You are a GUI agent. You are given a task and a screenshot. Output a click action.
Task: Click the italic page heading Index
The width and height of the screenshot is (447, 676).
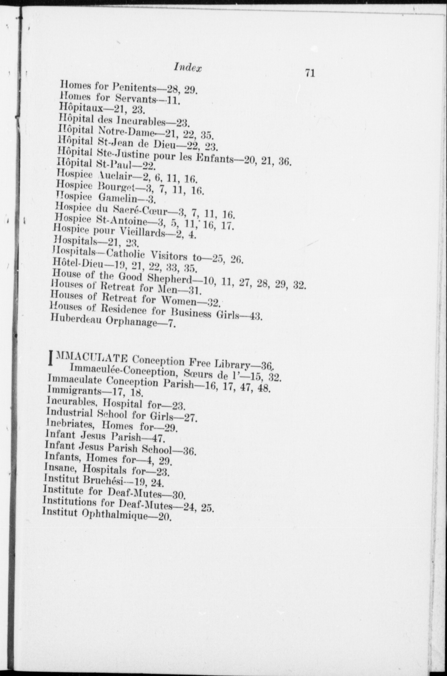click(x=188, y=68)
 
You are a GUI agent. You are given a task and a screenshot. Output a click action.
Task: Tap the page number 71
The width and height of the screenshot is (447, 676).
click(x=310, y=73)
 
